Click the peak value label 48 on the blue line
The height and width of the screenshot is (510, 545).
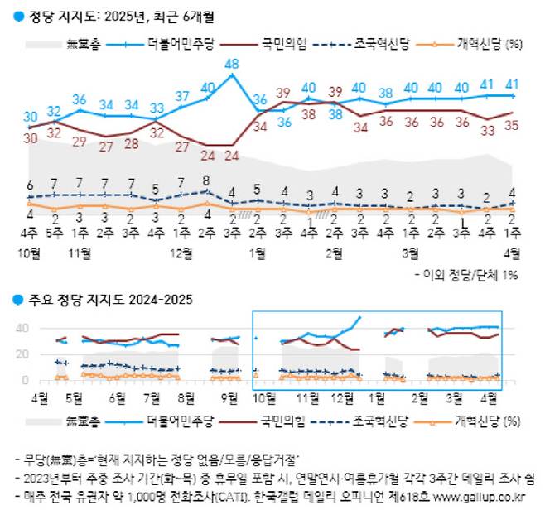pyautogui.click(x=233, y=64)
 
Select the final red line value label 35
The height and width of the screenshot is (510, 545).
pyautogui.click(x=513, y=127)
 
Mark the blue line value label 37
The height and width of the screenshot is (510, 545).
pyautogui.click(x=181, y=96)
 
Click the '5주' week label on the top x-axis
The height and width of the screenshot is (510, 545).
pyautogui.click(x=54, y=233)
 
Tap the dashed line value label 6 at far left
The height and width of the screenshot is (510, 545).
pyautogui.click(x=30, y=185)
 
